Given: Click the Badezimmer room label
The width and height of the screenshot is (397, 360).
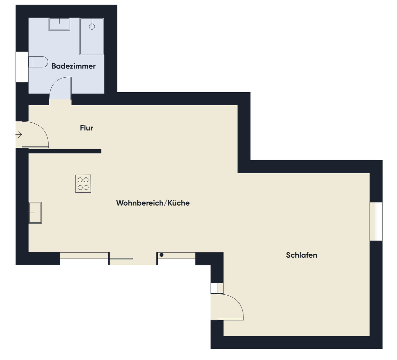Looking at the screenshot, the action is click(x=73, y=66).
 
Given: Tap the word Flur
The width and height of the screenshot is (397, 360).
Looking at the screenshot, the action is click(x=87, y=128).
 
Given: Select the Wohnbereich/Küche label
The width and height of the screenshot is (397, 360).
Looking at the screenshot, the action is click(x=153, y=203).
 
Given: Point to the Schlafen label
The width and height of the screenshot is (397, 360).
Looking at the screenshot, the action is click(x=301, y=255).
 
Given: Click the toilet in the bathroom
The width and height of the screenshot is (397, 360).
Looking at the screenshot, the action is click(x=38, y=62).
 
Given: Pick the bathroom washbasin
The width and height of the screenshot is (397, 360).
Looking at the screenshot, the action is click(x=59, y=24).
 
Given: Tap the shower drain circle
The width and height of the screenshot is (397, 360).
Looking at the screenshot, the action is click(x=92, y=26).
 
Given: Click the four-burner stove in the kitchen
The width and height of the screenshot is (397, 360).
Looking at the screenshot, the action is click(x=83, y=184).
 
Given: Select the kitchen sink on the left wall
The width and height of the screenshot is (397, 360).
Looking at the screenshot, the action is click(x=35, y=213).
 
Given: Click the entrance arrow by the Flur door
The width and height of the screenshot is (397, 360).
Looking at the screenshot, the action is click(x=19, y=135).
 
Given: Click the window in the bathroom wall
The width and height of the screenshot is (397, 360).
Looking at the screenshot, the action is click(x=22, y=67).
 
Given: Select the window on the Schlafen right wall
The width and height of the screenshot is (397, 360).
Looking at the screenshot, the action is click(x=376, y=221).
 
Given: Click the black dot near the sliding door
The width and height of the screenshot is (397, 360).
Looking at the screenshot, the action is click(x=161, y=255).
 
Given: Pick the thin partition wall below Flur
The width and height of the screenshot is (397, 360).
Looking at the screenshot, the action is click(x=65, y=151).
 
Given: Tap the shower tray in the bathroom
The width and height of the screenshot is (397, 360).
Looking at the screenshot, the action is click(x=92, y=36).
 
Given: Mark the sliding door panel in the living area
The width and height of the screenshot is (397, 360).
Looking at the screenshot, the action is click(x=121, y=259).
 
